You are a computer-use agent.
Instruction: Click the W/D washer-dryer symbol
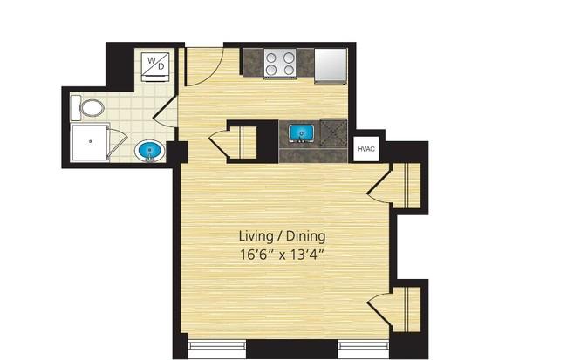[x=157, y=65]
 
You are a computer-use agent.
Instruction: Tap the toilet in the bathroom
[x=92, y=109]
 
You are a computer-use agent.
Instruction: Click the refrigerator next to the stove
[x=331, y=63]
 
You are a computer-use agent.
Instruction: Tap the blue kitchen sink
[x=302, y=132]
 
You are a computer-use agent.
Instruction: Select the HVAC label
[x=365, y=150]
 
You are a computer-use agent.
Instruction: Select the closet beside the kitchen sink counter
[x=240, y=140]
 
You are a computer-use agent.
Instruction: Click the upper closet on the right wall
[x=406, y=185]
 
